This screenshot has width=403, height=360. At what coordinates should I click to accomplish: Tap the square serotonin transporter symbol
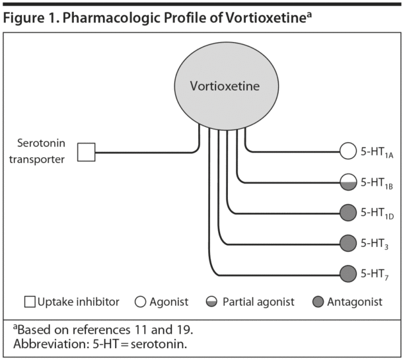[x=87, y=152]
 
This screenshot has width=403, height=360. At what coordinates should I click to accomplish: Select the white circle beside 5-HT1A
[x=348, y=152]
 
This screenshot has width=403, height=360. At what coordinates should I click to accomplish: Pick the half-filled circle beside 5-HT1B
[x=348, y=182]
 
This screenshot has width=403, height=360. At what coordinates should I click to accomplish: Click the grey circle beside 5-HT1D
[x=348, y=213]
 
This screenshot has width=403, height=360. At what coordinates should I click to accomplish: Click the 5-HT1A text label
[x=377, y=153]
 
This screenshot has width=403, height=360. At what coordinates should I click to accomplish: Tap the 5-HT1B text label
[x=377, y=183]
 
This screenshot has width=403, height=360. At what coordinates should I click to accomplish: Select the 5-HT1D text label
[x=377, y=213]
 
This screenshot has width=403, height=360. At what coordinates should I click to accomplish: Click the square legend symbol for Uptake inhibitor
[x=30, y=303]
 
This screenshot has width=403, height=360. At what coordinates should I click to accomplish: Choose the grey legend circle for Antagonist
[x=318, y=303]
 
